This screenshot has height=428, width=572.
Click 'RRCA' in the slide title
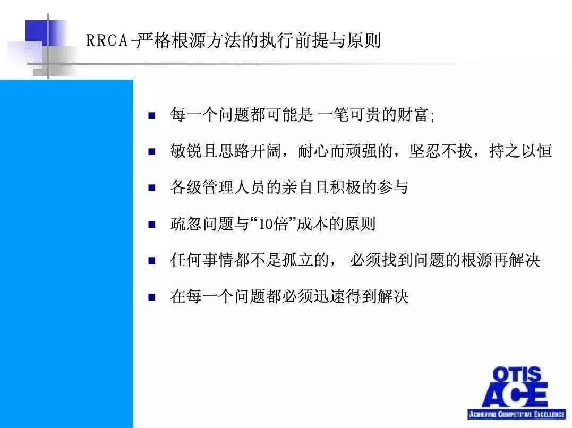[x=107, y=41]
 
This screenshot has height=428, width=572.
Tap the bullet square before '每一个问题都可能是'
[x=152, y=115]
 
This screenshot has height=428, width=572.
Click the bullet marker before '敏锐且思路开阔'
[x=152, y=151]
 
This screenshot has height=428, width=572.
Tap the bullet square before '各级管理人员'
[x=152, y=187]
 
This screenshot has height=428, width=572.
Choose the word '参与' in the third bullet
[x=396, y=187]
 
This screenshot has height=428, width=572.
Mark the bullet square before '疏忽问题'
[x=152, y=224]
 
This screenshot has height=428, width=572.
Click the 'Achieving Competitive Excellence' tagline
[x=516, y=414]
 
